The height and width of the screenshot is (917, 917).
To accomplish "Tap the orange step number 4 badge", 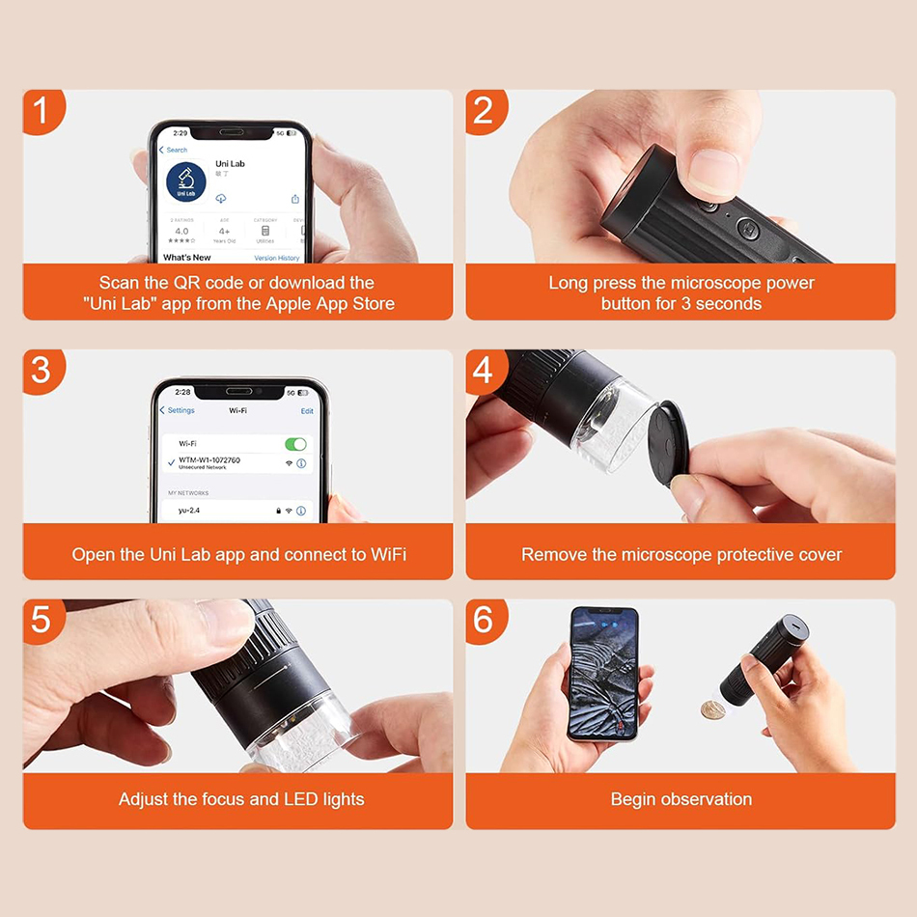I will [x=484, y=371].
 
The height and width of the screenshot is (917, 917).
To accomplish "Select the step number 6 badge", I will [x=484, y=620].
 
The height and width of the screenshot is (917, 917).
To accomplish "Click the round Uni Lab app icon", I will [x=185, y=182].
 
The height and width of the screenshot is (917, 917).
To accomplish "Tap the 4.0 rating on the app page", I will [x=181, y=232].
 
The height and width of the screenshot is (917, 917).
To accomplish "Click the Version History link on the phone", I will [x=276, y=258].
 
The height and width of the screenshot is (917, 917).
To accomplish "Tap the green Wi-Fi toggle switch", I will [x=295, y=444].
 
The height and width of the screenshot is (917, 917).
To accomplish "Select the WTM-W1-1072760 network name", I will [x=209, y=460].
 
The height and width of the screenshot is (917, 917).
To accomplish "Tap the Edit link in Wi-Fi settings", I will [x=307, y=411].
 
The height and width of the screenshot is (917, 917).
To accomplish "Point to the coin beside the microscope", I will [x=712, y=709].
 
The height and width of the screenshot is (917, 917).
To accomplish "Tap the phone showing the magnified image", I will [x=603, y=672].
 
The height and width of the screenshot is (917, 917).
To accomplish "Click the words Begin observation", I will [x=681, y=799].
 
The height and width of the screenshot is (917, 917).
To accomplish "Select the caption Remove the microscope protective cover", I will [x=681, y=555].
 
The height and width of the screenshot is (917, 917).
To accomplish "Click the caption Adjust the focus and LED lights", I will [x=241, y=799].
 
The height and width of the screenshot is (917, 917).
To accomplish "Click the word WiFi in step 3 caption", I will [x=388, y=555].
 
